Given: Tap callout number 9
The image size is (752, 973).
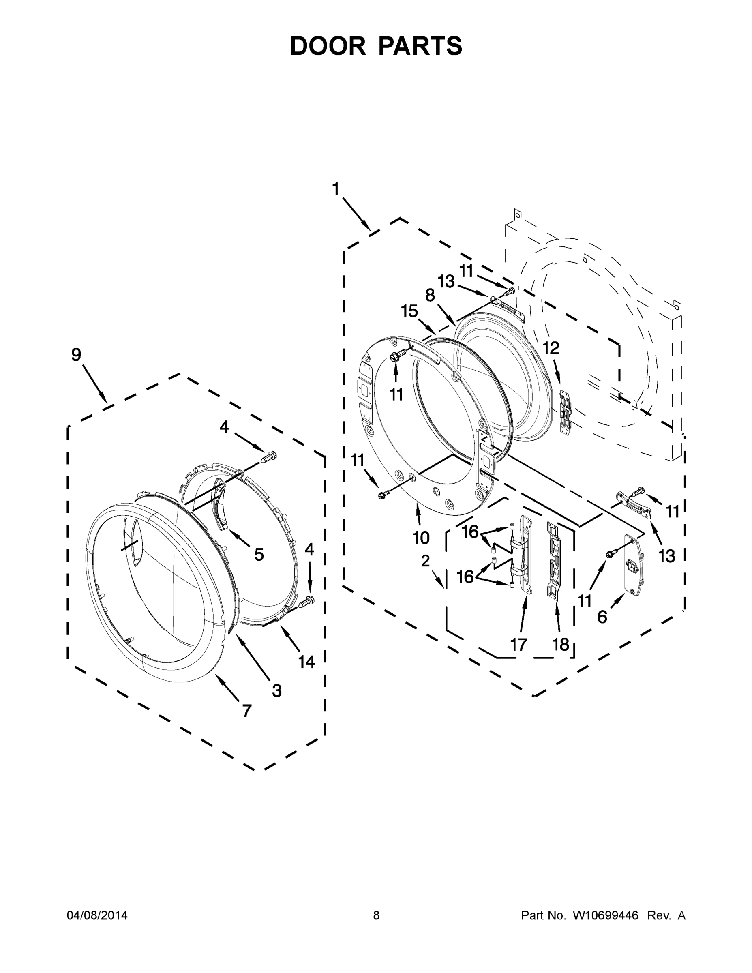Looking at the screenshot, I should [x=76, y=355].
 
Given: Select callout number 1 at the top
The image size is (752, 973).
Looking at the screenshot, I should [x=335, y=189].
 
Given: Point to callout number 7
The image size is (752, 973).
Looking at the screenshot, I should [x=246, y=711].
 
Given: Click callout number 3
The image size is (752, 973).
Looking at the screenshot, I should [x=276, y=690].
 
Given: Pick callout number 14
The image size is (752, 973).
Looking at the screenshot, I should [x=306, y=662].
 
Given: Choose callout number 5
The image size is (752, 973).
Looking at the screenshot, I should [x=259, y=554].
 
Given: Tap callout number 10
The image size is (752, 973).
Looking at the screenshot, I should [x=421, y=538].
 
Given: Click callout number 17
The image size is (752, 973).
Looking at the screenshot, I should [x=518, y=644].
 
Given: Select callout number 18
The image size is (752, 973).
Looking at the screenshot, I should [x=560, y=644].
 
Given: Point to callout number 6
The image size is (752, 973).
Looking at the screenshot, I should [x=602, y=617].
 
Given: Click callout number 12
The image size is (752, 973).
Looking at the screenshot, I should [x=551, y=348].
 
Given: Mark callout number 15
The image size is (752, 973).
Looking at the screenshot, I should [x=409, y=311].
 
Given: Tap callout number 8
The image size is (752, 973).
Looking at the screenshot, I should [x=430, y=296].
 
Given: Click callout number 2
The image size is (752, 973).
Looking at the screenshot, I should [x=425, y=561].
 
